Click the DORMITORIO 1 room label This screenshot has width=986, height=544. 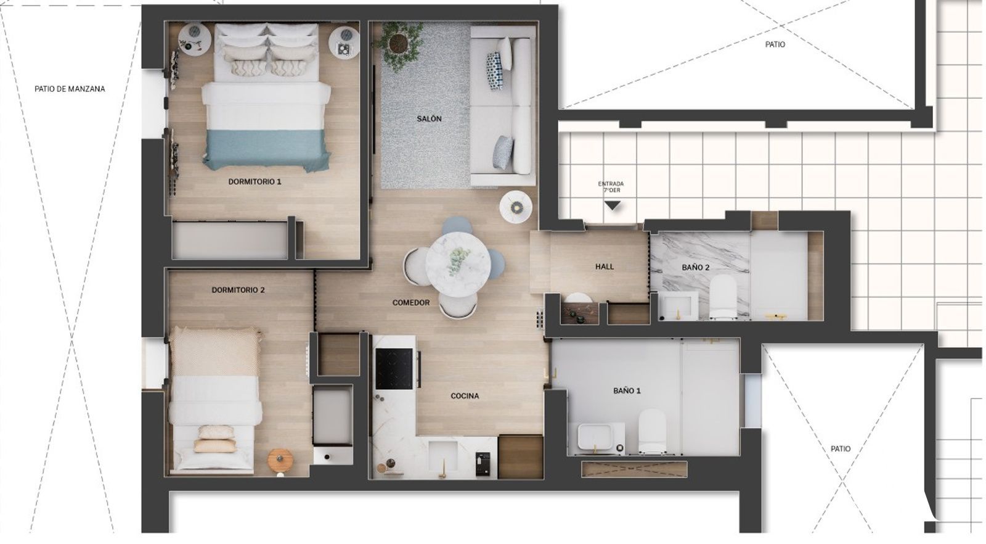pyautogui.click(x=255, y=181)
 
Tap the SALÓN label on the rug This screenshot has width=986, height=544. pyautogui.click(x=429, y=118)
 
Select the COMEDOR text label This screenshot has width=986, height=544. pyautogui.click(x=410, y=303)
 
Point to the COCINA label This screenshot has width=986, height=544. pyautogui.click(x=465, y=396)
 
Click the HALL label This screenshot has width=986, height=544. pyautogui.click(x=605, y=266)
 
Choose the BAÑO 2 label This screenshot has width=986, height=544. pyautogui.click(x=696, y=268)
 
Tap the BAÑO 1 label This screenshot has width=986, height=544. pyautogui.click(x=627, y=390)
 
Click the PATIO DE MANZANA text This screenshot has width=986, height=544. pyautogui.click(x=70, y=89)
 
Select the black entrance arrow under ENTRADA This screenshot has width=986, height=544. pyautogui.click(x=613, y=205)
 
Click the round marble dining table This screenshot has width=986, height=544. pyautogui.click(x=458, y=265)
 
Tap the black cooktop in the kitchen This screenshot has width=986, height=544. pyautogui.click(x=394, y=369)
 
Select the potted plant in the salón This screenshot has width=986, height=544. pyautogui.click(x=398, y=45)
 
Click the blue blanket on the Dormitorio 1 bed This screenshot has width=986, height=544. pyautogui.click(x=266, y=150)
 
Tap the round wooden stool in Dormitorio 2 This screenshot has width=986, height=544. pyautogui.click(x=280, y=460)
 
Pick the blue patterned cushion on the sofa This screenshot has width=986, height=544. pyautogui.click(x=494, y=70)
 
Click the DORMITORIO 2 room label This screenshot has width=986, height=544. pyautogui.click(x=238, y=290)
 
